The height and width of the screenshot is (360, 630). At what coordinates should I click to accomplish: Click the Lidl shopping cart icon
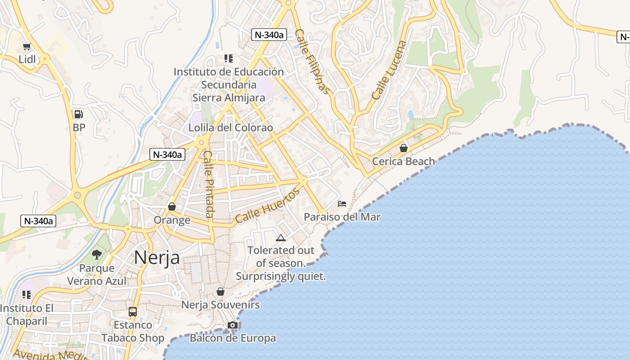27,46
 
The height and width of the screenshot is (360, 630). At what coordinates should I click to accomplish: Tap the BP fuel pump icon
79,114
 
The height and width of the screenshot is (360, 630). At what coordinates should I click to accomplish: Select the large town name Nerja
157,257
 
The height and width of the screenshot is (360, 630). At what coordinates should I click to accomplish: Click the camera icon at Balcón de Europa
232,325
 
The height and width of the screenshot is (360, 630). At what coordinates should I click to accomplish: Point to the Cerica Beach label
404,161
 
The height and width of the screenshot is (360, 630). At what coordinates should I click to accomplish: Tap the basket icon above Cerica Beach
404,148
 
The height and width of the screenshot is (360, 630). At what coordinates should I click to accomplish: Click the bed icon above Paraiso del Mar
342,204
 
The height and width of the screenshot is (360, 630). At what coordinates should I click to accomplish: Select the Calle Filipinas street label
313,62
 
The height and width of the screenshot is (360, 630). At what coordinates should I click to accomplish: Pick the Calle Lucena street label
389,70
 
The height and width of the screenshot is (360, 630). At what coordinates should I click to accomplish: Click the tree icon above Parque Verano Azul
96,255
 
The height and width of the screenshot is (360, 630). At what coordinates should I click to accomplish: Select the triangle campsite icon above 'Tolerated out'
281,238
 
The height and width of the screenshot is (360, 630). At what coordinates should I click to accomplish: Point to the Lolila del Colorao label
230,127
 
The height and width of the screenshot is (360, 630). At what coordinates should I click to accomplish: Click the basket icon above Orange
171,207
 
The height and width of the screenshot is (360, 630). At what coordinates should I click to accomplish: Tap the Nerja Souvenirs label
220,305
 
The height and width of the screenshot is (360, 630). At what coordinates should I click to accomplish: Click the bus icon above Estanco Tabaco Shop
133,311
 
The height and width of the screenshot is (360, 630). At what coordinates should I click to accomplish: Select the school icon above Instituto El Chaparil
27,295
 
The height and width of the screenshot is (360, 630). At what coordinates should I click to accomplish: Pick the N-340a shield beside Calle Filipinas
269,35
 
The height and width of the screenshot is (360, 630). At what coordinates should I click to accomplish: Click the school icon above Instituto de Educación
229,58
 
